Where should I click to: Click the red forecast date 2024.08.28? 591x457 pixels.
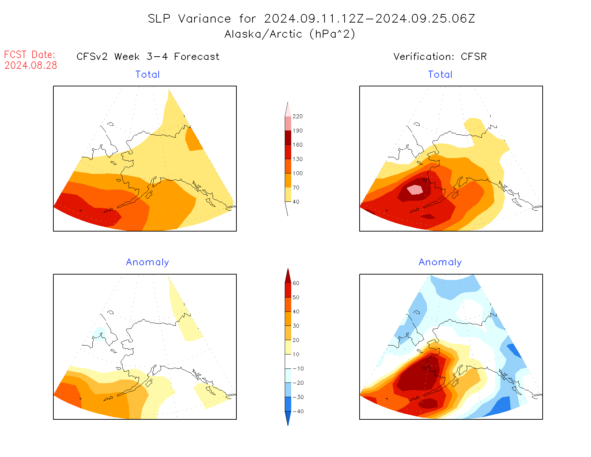tap(31, 65)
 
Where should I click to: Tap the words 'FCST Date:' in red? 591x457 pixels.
tap(30, 54)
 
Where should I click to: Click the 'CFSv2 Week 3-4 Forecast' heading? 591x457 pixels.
tap(148, 57)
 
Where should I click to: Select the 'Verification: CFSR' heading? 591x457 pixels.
tap(440, 57)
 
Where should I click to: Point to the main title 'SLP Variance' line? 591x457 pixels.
tap(311, 19)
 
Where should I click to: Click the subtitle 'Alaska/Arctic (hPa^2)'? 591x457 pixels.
tap(290, 34)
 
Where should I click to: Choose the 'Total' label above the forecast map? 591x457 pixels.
tap(148, 75)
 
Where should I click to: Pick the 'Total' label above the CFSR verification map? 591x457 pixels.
tap(440, 75)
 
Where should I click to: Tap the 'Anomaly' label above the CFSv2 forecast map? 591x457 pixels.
tap(148, 262)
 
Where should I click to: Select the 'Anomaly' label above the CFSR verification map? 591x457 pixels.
tap(440, 262)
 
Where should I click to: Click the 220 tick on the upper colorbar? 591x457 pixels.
tap(297, 116)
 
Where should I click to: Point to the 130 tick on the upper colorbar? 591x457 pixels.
tap(297, 159)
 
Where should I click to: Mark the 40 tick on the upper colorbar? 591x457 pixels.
tap(296, 202)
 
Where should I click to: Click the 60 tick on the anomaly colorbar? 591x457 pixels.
tap(296, 283)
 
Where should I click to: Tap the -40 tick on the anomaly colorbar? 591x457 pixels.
tap(298, 411)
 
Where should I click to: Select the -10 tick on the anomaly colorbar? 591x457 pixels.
tap(298, 369)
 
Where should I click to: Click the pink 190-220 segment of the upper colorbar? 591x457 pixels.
tap(288, 124)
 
